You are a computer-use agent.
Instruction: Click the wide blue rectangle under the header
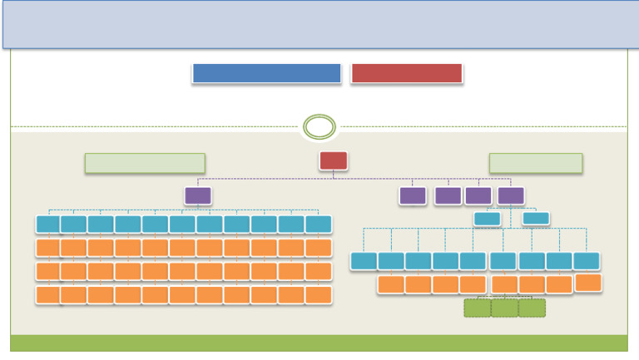(266, 73)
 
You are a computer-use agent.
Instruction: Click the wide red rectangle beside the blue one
(406, 73)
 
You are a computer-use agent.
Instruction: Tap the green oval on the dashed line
(319, 127)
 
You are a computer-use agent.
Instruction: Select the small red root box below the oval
(334, 160)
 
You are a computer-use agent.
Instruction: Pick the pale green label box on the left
(145, 163)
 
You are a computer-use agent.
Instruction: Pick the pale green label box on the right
(536, 163)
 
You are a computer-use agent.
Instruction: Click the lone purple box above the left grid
(198, 195)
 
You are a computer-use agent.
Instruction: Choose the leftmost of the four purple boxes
(413, 195)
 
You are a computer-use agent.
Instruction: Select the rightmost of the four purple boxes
(511, 195)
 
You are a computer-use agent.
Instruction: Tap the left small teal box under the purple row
(487, 219)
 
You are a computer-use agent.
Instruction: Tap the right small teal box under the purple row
(536, 219)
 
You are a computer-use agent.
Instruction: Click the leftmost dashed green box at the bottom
(478, 308)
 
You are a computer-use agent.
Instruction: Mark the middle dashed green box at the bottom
(504, 308)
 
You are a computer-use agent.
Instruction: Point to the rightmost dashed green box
(532, 308)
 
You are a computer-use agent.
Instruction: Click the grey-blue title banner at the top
(319, 23)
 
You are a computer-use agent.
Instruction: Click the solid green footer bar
(319, 343)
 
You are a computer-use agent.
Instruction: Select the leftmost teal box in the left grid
(48, 224)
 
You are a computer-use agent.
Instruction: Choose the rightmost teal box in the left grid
(319, 224)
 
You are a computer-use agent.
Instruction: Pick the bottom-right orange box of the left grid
(319, 294)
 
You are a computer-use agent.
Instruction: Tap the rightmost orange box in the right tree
(588, 283)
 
